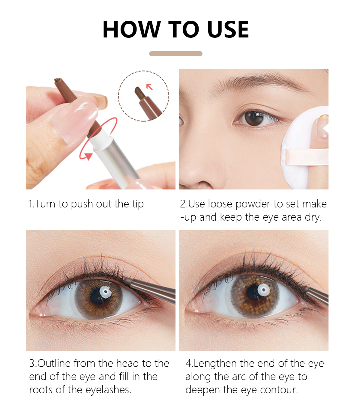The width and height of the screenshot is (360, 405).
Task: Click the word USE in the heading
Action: pyautogui.click(x=228, y=29)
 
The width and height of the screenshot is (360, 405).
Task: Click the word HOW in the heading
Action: pyautogui.click(x=132, y=29)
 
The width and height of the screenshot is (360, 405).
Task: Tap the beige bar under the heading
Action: pyautogui.click(x=176, y=54)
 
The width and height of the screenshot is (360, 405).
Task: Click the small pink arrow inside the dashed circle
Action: pyautogui.click(x=149, y=87)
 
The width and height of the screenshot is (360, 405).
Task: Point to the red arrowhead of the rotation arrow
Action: pyautogui.click(x=88, y=156)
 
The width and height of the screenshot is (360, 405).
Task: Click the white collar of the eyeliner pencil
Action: pyautogui.click(x=101, y=138)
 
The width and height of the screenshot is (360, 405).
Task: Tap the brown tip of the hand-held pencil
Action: pyautogui.click(x=57, y=80)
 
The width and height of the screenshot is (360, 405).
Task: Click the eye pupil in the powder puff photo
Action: pyautogui.click(x=254, y=118)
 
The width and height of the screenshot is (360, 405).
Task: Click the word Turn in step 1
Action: pyautogui.click(x=45, y=204)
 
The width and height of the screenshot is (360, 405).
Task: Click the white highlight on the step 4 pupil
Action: pyautogui.click(x=263, y=290)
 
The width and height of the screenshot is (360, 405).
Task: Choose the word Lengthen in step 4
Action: pyautogui.click(x=215, y=364)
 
